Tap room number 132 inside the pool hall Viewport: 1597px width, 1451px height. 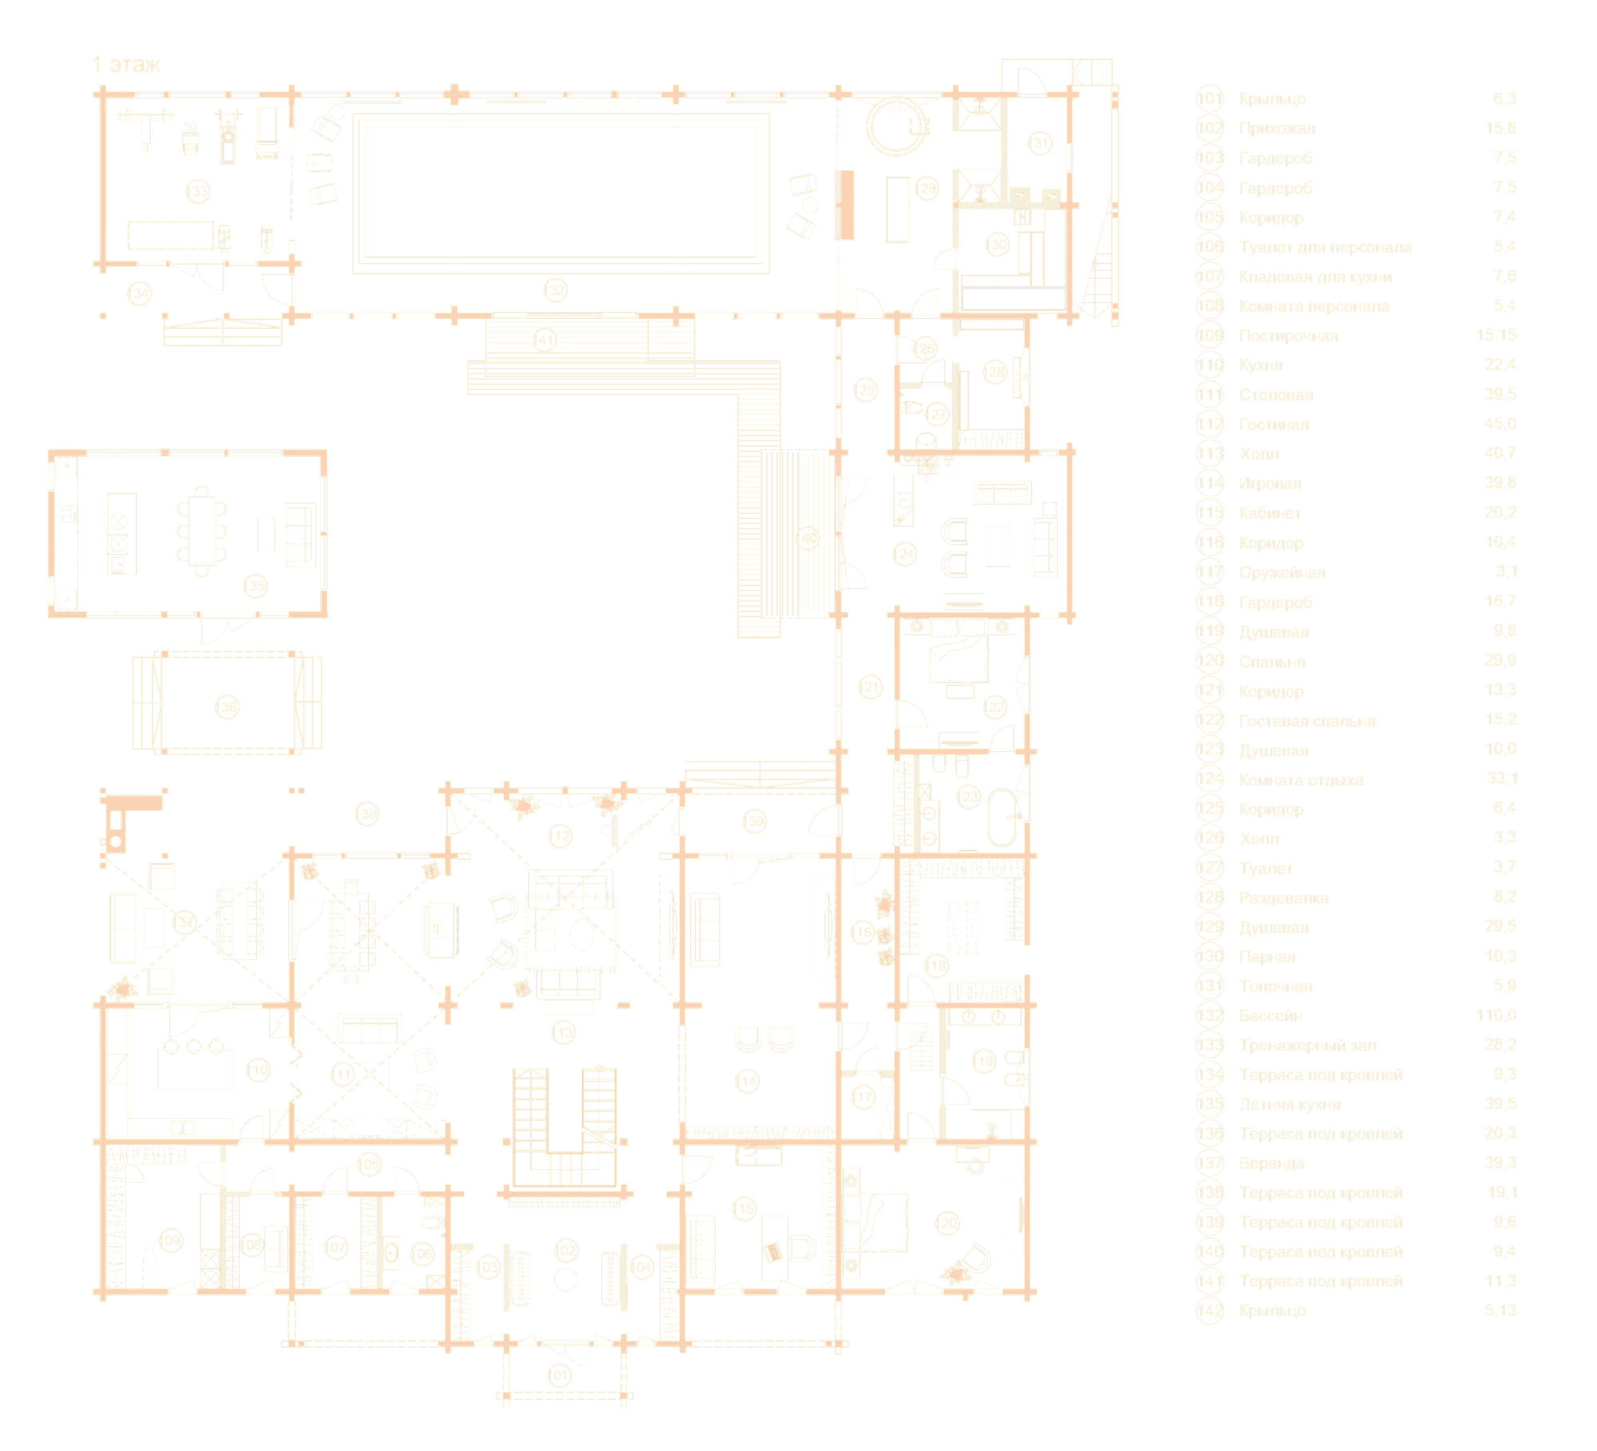[555, 290]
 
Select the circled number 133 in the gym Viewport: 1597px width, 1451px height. [197, 191]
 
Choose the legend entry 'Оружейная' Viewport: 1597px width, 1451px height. [1282, 573]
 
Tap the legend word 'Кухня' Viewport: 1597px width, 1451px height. [1260, 365]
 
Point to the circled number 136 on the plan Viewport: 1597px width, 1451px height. [226, 706]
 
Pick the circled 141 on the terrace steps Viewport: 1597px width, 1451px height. [544, 341]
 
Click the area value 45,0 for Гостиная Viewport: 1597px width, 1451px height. [1500, 424]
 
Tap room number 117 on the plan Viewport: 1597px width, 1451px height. [863, 1097]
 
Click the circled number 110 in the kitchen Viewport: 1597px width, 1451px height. [258, 1070]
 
